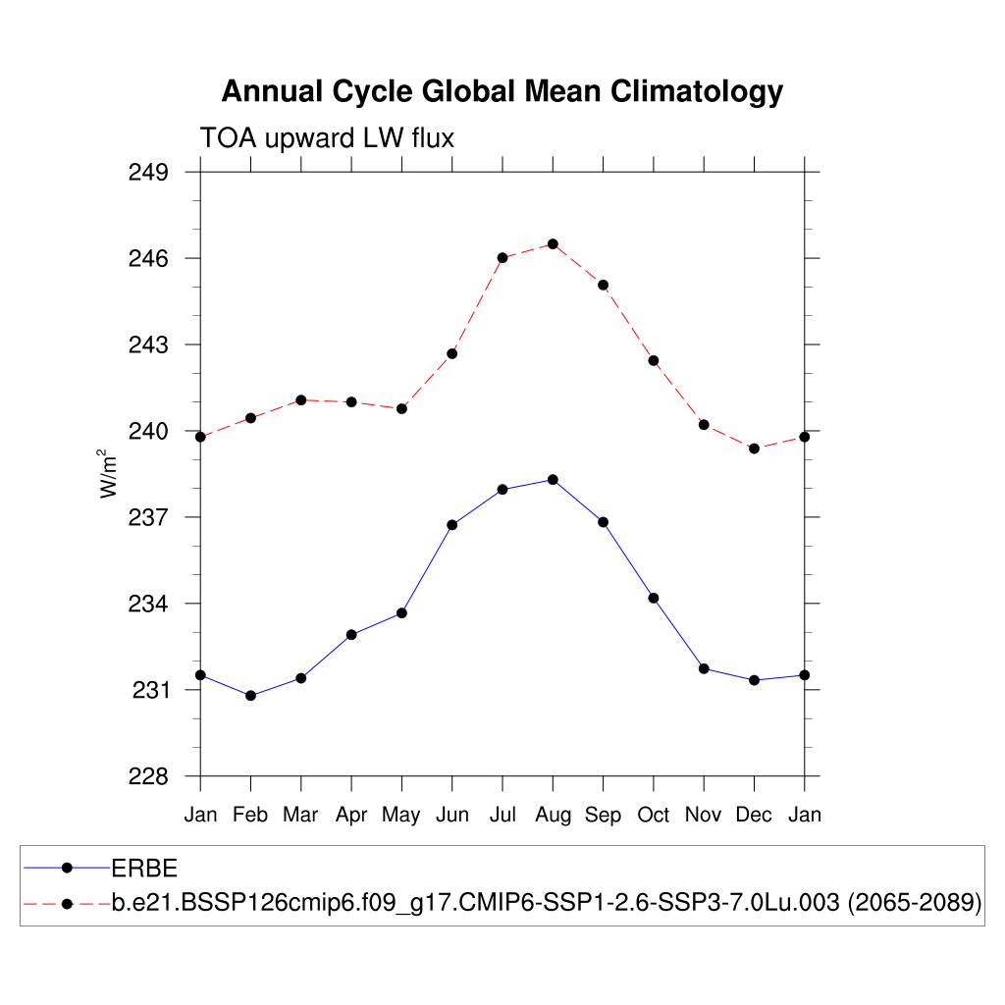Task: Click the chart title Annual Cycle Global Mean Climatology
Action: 502,91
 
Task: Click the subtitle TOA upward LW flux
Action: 327,138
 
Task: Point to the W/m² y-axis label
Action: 108,473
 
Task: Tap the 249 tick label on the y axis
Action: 148,173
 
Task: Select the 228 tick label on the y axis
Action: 148,776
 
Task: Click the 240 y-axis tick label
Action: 148,432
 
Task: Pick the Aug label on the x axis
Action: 553,815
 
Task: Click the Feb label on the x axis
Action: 250,815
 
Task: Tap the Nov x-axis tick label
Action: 704,815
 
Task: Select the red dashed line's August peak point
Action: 553,243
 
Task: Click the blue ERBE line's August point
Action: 553,479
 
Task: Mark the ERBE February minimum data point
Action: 250,696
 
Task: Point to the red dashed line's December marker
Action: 754,449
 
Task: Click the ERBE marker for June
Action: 451,525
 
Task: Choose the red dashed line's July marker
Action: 502,258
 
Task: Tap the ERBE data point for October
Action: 653,598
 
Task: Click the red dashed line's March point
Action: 301,399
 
